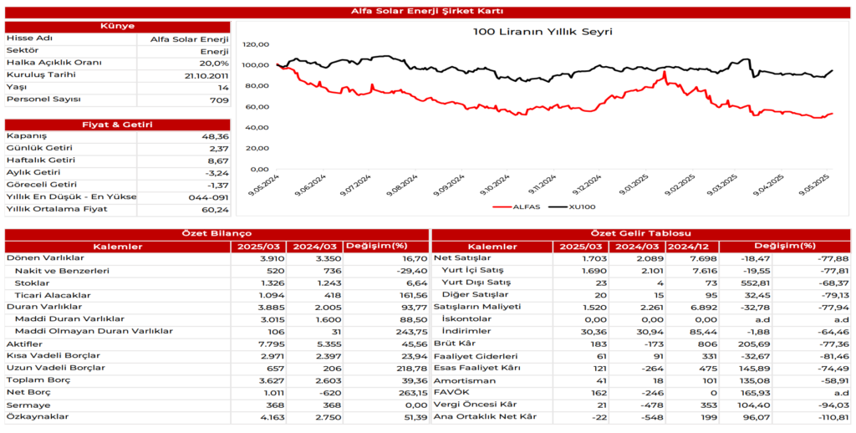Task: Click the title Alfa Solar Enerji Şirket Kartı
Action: [x=427, y=11]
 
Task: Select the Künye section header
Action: [x=117, y=27]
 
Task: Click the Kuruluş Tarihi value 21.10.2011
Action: [x=206, y=75]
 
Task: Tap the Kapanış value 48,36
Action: [x=214, y=135]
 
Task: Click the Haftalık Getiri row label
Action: [x=40, y=160]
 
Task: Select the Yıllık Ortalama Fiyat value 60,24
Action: [x=214, y=209]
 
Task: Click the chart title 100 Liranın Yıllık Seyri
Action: [x=543, y=32]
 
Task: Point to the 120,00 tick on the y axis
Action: [x=257, y=44]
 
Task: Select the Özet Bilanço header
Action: [x=216, y=233]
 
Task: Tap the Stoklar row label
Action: [x=32, y=283]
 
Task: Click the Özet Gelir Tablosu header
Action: [x=640, y=233]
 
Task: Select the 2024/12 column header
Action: [x=690, y=247]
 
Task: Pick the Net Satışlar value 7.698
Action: [x=698, y=258]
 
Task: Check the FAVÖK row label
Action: [x=449, y=392]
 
